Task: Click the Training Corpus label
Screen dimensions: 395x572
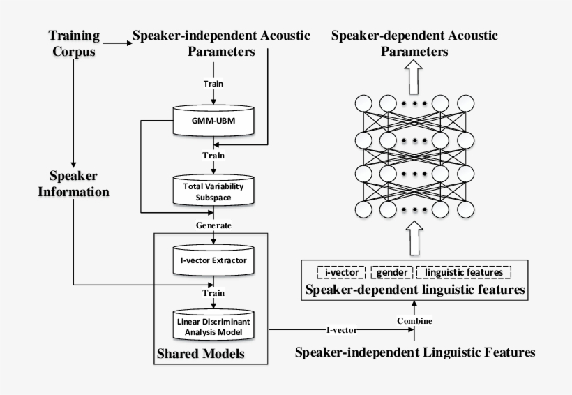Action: click(x=73, y=43)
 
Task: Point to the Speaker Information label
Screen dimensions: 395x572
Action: click(x=73, y=183)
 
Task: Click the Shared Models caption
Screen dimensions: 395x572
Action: click(x=200, y=354)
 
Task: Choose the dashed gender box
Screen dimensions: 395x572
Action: click(x=392, y=271)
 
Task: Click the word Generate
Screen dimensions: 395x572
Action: click(x=214, y=225)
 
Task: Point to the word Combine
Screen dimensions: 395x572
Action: click(x=415, y=320)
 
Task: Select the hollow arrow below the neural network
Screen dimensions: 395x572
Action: click(x=414, y=239)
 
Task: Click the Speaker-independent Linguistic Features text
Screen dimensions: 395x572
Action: click(x=415, y=352)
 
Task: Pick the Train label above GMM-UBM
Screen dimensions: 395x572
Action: click(x=214, y=84)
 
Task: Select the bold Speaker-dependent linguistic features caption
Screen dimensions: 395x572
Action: click(x=414, y=288)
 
